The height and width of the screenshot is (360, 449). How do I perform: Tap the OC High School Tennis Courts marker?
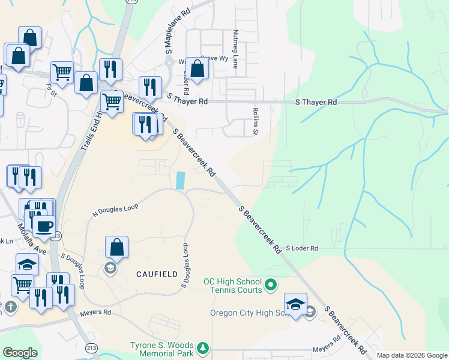(x=271, y=283)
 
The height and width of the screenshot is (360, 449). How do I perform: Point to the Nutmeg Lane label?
(x=236, y=49)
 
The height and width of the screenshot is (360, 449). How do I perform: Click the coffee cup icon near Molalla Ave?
(x=44, y=227)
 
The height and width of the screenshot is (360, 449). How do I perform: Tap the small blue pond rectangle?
(x=181, y=180)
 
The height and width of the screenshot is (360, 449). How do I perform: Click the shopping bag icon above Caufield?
(x=116, y=247)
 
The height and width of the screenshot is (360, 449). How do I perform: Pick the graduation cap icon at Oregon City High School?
(x=295, y=304)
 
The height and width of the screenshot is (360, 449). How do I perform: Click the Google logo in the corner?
(x=20, y=353)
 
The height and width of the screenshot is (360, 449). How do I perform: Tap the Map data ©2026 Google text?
(x=412, y=355)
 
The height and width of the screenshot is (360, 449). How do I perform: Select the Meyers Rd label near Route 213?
(x=98, y=313)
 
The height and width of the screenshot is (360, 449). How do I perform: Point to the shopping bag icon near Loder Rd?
(x=196, y=70)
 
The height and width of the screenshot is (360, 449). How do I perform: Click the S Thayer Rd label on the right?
(x=316, y=103)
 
